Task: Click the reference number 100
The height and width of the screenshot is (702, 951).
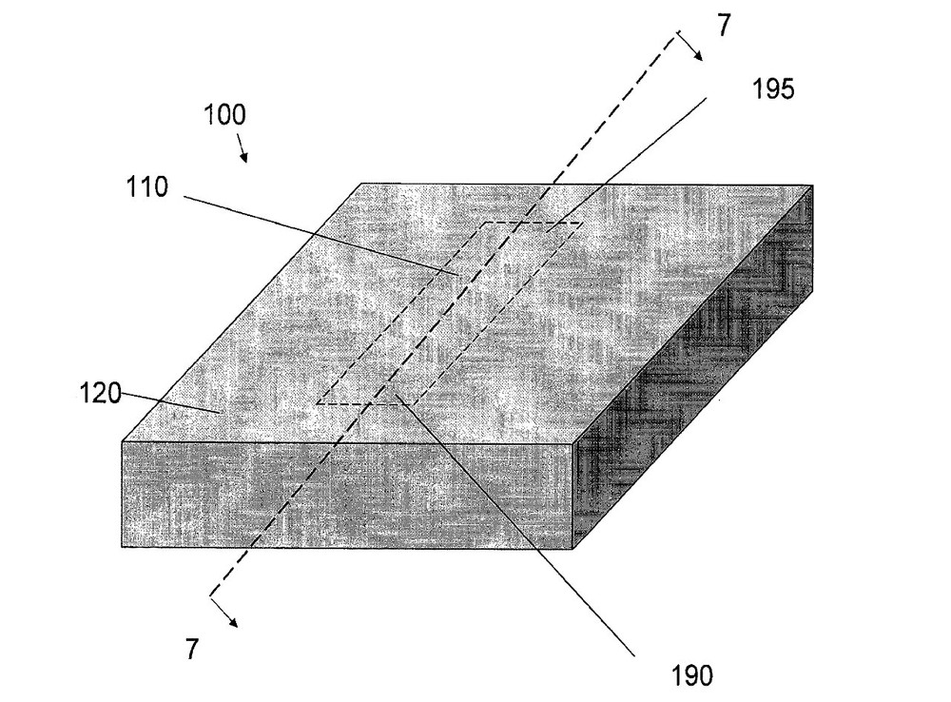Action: click(224, 117)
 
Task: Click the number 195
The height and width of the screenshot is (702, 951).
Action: click(772, 89)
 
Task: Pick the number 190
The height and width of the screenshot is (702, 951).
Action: click(690, 676)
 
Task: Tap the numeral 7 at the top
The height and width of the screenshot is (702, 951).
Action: click(725, 27)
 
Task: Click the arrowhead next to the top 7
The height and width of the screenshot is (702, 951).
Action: click(700, 54)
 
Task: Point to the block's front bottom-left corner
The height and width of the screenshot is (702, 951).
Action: click(123, 547)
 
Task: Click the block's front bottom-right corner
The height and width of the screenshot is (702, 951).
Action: click(573, 549)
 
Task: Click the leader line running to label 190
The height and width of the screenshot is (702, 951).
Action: click(514, 523)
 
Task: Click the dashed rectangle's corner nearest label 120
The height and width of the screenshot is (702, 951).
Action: click(318, 403)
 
